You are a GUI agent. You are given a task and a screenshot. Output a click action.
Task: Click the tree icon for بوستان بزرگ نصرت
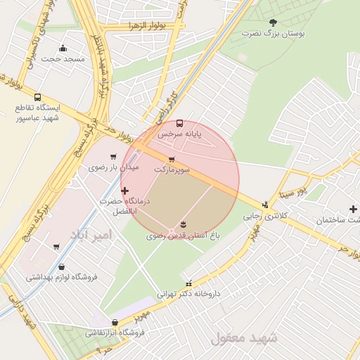[x=274, y=22]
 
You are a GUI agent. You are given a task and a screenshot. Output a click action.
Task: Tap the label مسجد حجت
[x=63, y=59]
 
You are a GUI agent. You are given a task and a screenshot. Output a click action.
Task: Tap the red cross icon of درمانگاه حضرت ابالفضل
[x=125, y=191]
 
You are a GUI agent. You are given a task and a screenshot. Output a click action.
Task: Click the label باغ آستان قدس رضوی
[x=184, y=236]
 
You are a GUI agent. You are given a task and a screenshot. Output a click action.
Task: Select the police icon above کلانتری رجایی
[x=265, y=205]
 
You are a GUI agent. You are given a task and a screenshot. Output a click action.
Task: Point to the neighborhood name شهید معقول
[x=244, y=337]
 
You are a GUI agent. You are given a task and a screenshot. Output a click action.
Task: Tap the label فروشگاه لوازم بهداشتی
[x=62, y=277]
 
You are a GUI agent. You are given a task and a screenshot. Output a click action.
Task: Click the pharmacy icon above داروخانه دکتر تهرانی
[x=188, y=283]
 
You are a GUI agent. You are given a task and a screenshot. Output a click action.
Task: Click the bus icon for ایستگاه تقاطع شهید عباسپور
[x=37, y=98]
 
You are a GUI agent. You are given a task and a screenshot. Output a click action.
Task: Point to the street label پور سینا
[x=291, y=190]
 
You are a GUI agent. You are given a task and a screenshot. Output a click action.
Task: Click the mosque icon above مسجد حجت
[x=63, y=49]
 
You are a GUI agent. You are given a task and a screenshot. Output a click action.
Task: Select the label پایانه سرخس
[x=179, y=133]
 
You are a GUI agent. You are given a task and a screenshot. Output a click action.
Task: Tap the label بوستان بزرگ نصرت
[x=274, y=34]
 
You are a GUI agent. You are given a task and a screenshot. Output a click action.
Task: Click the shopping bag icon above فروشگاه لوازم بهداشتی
[x=63, y=266]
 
